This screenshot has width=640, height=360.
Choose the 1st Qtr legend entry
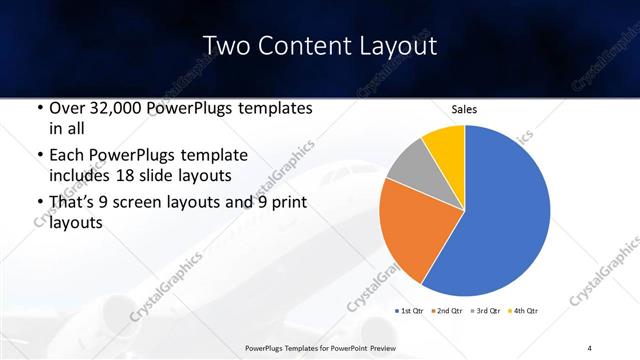click(x=411, y=311)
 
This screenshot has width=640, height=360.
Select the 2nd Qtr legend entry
click(x=449, y=311)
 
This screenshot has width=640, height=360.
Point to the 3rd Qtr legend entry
click(x=487, y=311)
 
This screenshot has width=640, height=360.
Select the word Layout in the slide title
click(x=399, y=46)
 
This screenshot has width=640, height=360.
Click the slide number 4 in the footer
click(x=589, y=347)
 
